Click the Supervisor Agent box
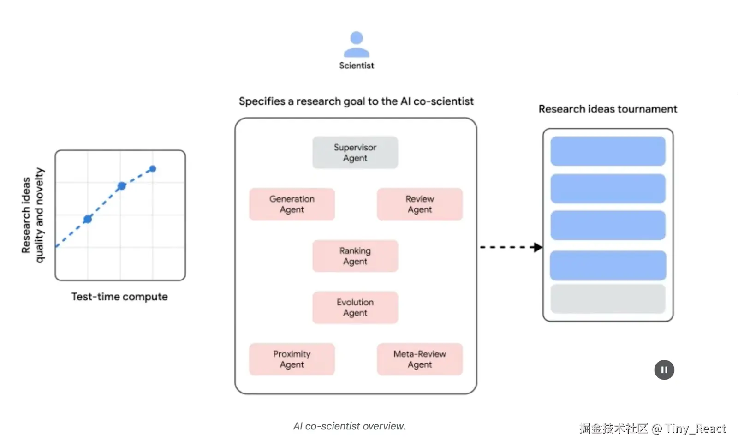pos(355,153)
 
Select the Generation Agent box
pos(292,204)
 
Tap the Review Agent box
pos(420,204)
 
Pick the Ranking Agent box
pos(355,256)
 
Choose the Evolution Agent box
pos(355,307)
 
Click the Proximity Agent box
pos(292,359)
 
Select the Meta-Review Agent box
pos(420,359)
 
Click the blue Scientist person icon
pos(357,44)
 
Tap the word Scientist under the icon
pos(357,66)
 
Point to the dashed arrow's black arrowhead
pos(537,247)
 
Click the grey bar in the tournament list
pos(608,299)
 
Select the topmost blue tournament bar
pos(608,151)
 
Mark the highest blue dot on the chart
pos(153,169)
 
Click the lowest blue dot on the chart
pos(88,219)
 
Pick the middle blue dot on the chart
pos(122,186)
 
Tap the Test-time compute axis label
pos(119,297)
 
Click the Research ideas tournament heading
pos(607,109)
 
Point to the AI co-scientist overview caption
pos(349,426)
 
